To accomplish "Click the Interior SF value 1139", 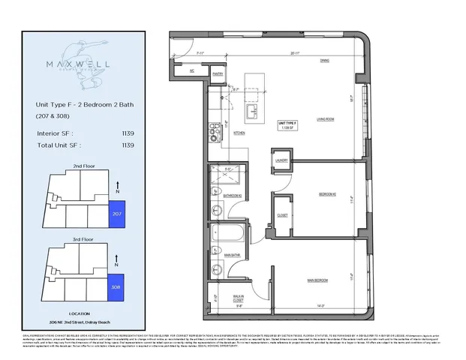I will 127,133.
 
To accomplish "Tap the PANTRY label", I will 218,74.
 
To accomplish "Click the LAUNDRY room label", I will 281,160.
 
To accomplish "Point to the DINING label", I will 324,60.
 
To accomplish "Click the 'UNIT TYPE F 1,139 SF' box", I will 288,125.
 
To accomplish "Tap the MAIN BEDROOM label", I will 319,280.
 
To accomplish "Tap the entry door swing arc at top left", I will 179,48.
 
